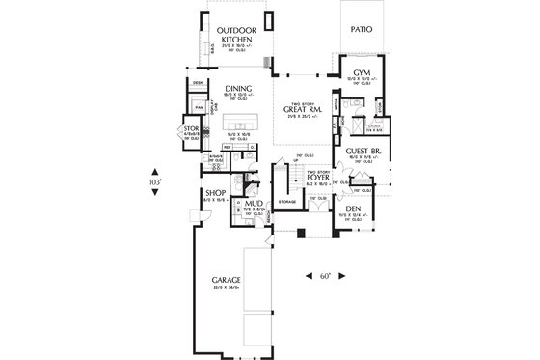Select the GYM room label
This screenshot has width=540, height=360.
pos(363,73)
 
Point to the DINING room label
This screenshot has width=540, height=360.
pos(238,89)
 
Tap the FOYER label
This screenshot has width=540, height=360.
pos(319,178)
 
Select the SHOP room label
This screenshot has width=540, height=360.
pos(215,193)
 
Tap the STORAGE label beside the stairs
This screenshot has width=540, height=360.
pos(286,202)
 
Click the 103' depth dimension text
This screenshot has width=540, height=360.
pos(153,180)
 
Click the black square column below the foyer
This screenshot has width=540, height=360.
pos(302,232)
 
